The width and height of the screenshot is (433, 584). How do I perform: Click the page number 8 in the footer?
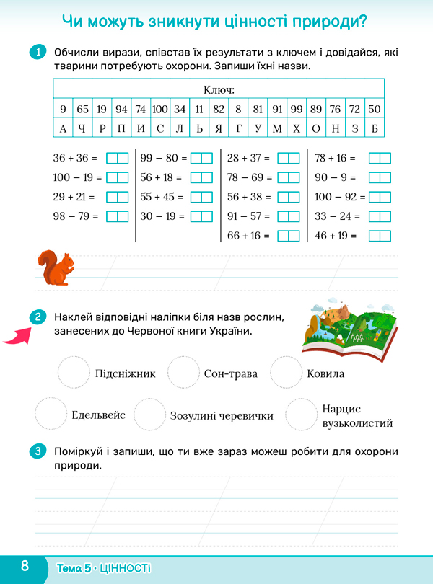(25, 565)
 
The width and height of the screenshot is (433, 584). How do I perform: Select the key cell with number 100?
(159, 110)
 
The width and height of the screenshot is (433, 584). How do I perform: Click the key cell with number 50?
(374, 110)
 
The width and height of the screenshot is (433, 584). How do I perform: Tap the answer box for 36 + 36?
(117, 158)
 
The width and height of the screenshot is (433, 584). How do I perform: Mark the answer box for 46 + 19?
(379, 236)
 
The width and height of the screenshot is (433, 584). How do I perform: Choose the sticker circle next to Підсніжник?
(74, 373)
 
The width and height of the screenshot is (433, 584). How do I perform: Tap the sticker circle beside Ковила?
(284, 373)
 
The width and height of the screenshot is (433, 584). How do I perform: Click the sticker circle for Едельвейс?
(51, 415)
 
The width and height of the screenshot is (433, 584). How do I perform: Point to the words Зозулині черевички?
(222, 416)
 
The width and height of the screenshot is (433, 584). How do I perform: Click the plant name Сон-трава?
(226, 373)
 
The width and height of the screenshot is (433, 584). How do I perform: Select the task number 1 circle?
(38, 53)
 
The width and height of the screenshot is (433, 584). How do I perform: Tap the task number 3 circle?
(38, 452)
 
